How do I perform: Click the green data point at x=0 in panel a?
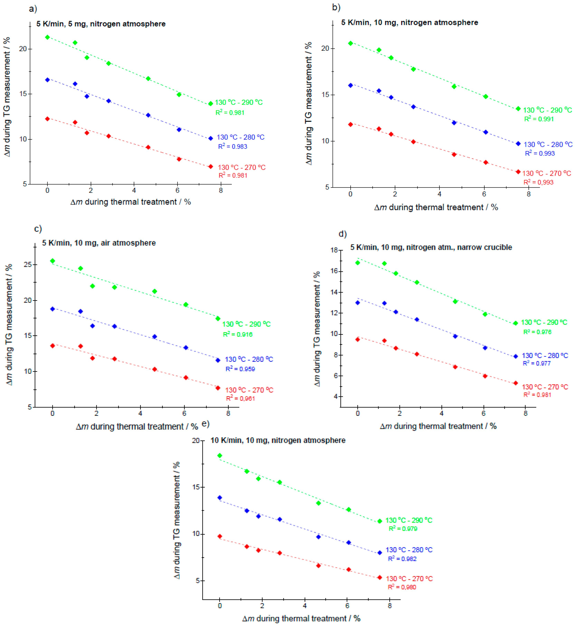[47, 37]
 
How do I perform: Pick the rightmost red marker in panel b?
[518, 172]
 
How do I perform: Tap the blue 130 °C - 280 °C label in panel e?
[409, 550]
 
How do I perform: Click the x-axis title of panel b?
[436, 207]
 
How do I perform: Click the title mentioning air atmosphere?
[99, 243]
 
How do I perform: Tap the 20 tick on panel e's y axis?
[195, 441]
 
